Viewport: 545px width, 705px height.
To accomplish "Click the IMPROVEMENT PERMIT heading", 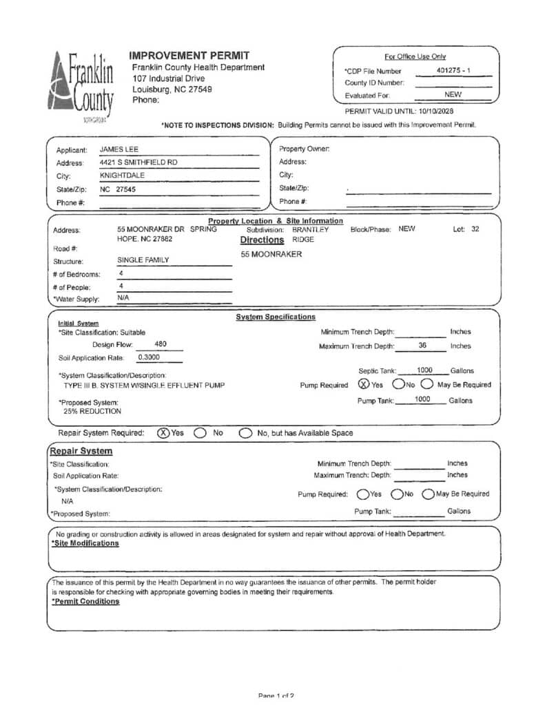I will point(189,55).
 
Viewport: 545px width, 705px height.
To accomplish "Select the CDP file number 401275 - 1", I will point(454,70).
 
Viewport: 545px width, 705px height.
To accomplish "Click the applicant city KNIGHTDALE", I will point(122,176).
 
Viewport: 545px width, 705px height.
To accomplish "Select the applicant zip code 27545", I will point(126,189).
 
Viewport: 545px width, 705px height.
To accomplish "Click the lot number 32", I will point(475,229).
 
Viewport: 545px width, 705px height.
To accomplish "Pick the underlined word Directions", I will point(262,240).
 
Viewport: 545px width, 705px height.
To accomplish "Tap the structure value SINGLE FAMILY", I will point(143,260).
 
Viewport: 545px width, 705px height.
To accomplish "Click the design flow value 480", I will point(161,344).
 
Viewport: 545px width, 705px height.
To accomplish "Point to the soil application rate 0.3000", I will point(149,358).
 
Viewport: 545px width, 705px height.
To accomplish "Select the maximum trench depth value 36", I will point(422,346).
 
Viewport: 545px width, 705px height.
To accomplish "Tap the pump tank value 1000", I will point(422,399).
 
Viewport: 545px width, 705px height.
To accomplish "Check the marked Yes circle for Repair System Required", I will point(163,433).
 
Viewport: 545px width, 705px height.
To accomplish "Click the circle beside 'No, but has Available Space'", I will point(245,433).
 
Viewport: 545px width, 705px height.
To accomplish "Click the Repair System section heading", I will point(81,451).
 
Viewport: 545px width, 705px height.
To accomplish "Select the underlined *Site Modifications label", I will point(85,543).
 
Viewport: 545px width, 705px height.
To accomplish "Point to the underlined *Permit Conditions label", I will point(85,601).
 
